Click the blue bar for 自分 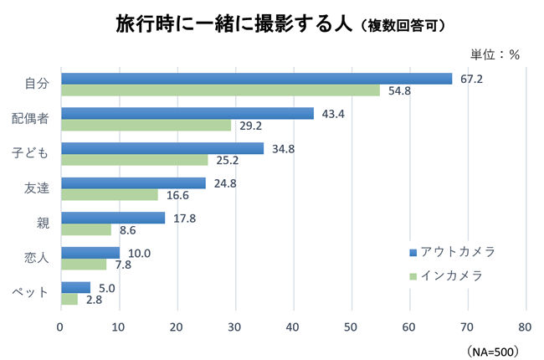pyautogui.click(x=256, y=79)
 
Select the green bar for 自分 pyautogui.click(x=220, y=90)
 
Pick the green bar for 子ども pyautogui.click(x=134, y=160)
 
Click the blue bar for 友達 pyautogui.click(x=133, y=183)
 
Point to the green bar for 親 pyautogui.click(x=85, y=229)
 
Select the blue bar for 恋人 pyautogui.click(x=90, y=253)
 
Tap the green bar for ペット pyautogui.click(x=69, y=299)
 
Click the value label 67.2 pyautogui.click(x=472, y=79)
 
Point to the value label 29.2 pyautogui.click(x=251, y=126)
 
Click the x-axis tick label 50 pyautogui.click(x=352, y=327)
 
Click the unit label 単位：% pyautogui.click(x=495, y=54)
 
